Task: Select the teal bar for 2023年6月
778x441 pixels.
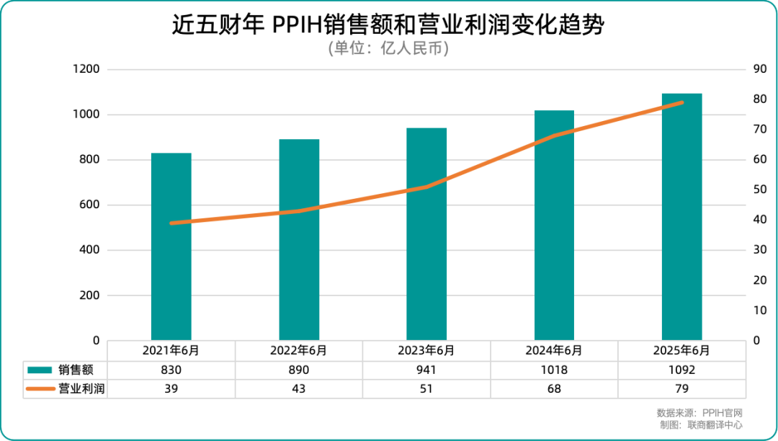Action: click(x=426, y=234)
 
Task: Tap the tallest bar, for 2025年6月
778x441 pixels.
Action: click(x=681, y=217)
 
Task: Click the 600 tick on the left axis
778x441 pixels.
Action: click(x=90, y=205)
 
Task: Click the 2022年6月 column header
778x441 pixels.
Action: click(x=298, y=351)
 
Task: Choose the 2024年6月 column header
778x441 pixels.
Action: click(x=554, y=351)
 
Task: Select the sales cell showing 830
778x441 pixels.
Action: click(x=171, y=370)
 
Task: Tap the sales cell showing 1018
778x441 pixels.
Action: click(x=554, y=370)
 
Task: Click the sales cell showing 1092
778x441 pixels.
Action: click(x=681, y=370)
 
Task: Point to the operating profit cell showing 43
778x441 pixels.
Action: click(x=298, y=388)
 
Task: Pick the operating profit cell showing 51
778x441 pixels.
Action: click(x=426, y=388)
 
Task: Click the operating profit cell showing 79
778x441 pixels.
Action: click(x=681, y=388)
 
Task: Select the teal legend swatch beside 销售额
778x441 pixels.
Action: click(x=40, y=370)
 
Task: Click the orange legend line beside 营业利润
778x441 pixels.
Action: click(x=40, y=388)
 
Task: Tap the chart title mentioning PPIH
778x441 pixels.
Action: click(x=388, y=25)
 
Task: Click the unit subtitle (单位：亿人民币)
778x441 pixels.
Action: click(x=388, y=49)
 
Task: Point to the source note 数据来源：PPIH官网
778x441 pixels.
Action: click(x=699, y=413)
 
